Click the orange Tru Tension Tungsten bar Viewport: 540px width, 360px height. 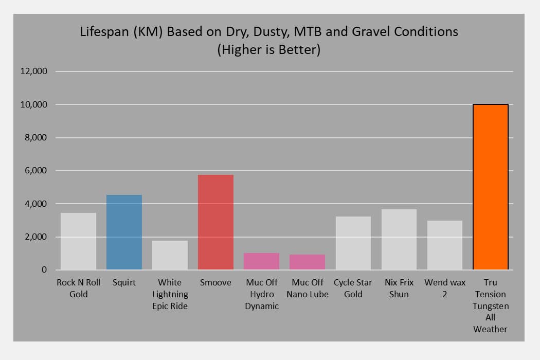pyautogui.click(x=490, y=187)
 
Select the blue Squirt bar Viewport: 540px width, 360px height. pyautogui.click(x=124, y=232)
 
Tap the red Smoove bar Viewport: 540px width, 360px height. pyautogui.click(x=215, y=222)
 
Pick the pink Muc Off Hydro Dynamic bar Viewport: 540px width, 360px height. pyautogui.click(x=261, y=261)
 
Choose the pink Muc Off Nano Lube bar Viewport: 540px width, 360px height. pyautogui.click(x=307, y=262)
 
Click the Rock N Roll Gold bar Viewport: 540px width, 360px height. pyautogui.click(x=78, y=241)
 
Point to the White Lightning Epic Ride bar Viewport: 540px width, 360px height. pyautogui.click(x=170, y=255)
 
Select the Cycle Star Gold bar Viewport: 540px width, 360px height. pyautogui.click(x=353, y=243)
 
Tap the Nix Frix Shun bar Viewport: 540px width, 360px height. pyautogui.click(x=399, y=240)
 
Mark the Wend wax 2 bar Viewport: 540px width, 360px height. pyautogui.click(x=444, y=245)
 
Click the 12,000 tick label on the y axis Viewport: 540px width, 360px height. pyautogui.click(x=34, y=71)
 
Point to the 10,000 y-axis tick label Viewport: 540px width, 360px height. pyautogui.click(x=34, y=105)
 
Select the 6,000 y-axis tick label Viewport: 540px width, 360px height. pyautogui.click(x=37, y=171)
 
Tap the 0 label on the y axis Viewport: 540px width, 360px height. pyautogui.click(x=44, y=270)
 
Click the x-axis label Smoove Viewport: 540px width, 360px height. pyautogui.click(x=215, y=283)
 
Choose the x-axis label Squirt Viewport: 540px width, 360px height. pyautogui.click(x=124, y=283)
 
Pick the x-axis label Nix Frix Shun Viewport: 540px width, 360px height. pyautogui.click(x=399, y=289)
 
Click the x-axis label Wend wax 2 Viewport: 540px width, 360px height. pyautogui.click(x=444, y=289)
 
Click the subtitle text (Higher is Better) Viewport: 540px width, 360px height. pyautogui.click(x=269, y=50)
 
